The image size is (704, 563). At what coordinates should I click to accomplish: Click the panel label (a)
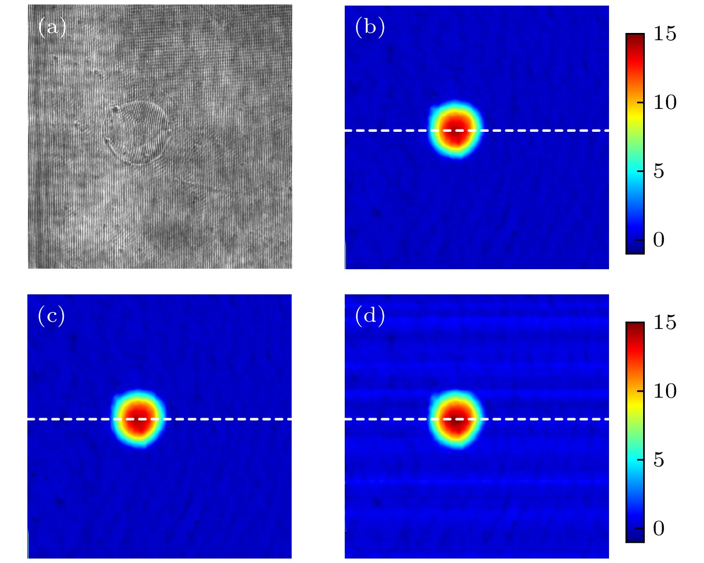pos(52,27)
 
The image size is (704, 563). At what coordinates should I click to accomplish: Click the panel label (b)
pos(369,27)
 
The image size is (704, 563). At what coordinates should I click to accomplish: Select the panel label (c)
pos(51,316)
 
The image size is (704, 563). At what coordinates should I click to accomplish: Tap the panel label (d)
pos(369,316)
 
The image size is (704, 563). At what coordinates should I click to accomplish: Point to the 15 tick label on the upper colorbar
pos(665,35)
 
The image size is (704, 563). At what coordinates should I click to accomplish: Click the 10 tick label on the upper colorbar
pos(665,103)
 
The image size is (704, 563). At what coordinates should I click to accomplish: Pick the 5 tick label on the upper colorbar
pos(659,171)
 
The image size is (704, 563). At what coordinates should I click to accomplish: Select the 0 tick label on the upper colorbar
pos(659,240)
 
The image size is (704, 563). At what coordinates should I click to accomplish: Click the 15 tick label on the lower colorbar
pos(665,323)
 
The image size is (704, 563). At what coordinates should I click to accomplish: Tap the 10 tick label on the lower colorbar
pos(665,392)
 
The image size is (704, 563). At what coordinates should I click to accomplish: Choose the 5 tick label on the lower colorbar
pos(659,460)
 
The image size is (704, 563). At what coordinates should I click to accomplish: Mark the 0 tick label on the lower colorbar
pos(659,528)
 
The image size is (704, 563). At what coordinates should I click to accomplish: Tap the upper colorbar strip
pos(635,144)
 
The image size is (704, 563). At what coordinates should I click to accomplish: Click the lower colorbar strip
pos(635,432)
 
